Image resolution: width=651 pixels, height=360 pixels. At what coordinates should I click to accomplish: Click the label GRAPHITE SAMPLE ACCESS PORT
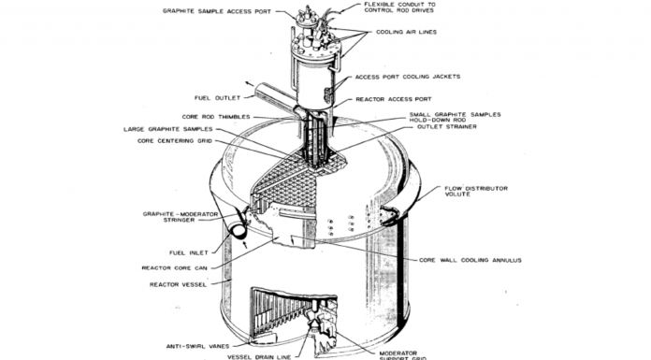pyautogui.click(x=217, y=11)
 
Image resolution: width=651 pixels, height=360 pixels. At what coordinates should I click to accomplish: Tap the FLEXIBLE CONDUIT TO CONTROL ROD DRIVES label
pyautogui.click(x=399, y=7)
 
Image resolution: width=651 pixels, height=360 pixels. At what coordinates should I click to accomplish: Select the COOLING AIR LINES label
pyautogui.click(x=406, y=32)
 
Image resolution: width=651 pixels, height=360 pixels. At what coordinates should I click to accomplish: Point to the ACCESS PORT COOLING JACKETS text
pyautogui.click(x=408, y=77)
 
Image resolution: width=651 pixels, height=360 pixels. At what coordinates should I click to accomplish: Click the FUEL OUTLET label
pyautogui.click(x=218, y=98)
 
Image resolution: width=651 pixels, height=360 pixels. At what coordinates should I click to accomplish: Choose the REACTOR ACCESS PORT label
pyautogui.click(x=394, y=99)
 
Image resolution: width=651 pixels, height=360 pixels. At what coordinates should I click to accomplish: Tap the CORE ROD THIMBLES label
pyautogui.click(x=216, y=117)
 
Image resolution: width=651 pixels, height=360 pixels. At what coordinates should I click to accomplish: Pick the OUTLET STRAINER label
pyautogui.click(x=447, y=126)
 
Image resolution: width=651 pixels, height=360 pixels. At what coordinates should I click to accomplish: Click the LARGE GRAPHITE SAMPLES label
pyautogui.click(x=168, y=129)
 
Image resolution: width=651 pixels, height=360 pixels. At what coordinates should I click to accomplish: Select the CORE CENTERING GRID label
pyautogui.click(x=175, y=141)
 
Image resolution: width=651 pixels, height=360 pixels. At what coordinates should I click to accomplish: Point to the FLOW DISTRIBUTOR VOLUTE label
pyautogui.click(x=476, y=191)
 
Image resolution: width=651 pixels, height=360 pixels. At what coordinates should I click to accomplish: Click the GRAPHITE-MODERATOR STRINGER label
pyautogui.click(x=181, y=217)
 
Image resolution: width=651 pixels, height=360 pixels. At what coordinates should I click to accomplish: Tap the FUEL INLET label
pyautogui.click(x=189, y=252)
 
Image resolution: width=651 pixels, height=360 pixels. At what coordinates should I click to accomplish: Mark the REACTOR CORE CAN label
pyautogui.click(x=174, y=268)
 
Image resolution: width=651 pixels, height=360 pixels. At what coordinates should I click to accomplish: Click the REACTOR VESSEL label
pyautogui.click(x=178, y=285)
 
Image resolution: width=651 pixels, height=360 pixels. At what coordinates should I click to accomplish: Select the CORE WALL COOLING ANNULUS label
pyautogui.click(x=470, y=260)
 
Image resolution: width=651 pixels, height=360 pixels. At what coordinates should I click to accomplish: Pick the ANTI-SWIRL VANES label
pyautogui.click(x=197, y=346)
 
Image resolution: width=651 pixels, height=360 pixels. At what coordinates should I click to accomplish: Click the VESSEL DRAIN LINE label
pyautogui.click(x=259, y=357)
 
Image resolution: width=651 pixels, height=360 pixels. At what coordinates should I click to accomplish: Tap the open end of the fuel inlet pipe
pyautogui.click(x=239, y=230)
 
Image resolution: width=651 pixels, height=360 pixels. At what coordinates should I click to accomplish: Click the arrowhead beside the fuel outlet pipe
pyautogui.click(x=248, y=83)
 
